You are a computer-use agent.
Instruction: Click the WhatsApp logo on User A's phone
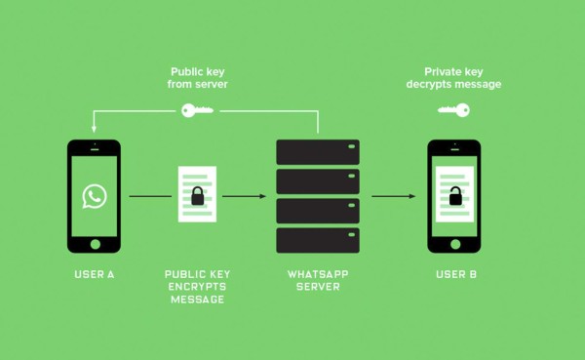pyautogui.click(x=94, y=195)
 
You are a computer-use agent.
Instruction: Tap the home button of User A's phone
pyautogui.click(x=94, y=244)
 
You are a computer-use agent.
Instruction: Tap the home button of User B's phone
pyautogui.click(x=454, y=244)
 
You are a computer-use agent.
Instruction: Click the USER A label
pyautogui.click(x=95, y=274)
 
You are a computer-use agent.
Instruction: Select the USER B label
pyautogui.click(x=455, y=274)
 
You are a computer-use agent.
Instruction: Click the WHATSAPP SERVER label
pyautogui.click(x=318, y=281)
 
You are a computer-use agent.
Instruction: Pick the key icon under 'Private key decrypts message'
pyautogui.click(x=454, y=110)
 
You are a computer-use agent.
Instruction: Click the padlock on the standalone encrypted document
pyautogui.click(x=197, y=196)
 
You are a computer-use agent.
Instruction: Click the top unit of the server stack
pyautogui.click(x=318, y=151)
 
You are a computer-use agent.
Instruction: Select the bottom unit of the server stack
pyautogui.click(x=318, y=240)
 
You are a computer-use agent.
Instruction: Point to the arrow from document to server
pyautogui.click(x=244, y=196)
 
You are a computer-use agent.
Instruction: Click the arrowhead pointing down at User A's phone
pyautogui.click(x=94, y=129)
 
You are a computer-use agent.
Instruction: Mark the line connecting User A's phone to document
pyautogui.click(x=149, y=196)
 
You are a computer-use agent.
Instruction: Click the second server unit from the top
pyautogui.click(x=318, y=181)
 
